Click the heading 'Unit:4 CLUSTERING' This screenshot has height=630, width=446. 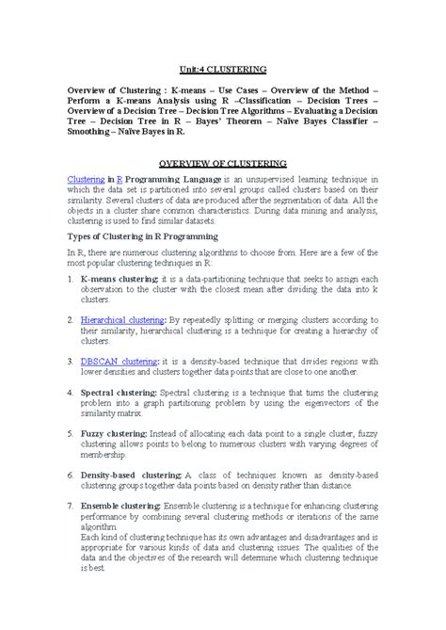222,71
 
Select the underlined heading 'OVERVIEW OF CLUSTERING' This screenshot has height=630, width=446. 222,163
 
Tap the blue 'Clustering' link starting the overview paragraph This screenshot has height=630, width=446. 85,179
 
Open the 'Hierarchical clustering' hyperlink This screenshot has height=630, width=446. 122,320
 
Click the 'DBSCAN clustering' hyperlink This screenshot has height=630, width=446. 119,361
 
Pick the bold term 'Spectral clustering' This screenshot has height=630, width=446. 118,392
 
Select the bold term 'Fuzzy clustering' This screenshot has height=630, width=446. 113,432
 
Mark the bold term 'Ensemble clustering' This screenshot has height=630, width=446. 120,504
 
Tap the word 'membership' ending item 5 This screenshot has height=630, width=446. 104,453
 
